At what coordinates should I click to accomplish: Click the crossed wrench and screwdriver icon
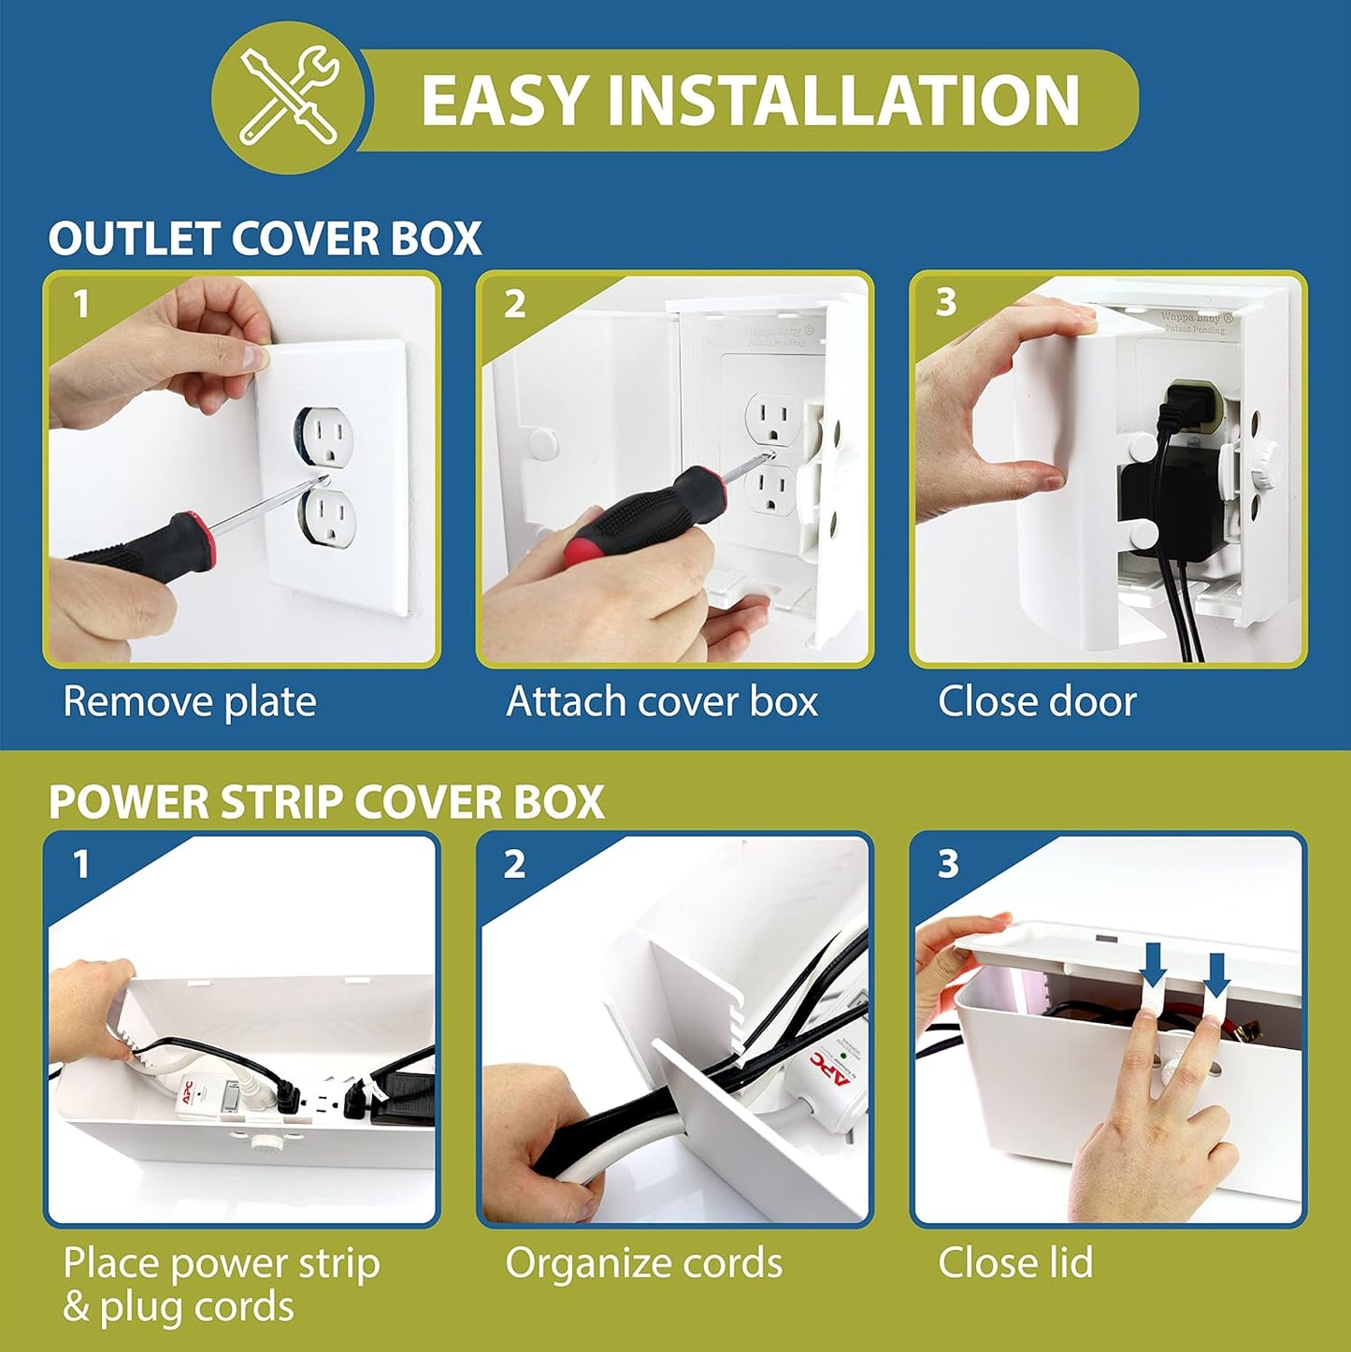pos(288,97)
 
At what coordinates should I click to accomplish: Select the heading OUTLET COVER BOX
pos(265,238)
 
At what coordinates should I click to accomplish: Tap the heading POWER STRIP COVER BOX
pos(326,802)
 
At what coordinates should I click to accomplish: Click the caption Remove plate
pos(190,701)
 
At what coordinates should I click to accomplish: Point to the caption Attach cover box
pos(662,701)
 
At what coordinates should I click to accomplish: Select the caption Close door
pos(1037,701)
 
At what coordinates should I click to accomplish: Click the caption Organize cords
pos(644,1262)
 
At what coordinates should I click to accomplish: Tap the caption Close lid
pos(1015,1262)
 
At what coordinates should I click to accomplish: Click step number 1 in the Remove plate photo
pos(81,304)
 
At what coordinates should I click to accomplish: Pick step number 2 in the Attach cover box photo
pos(514,304)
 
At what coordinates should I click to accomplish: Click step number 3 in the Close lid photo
pos(948,864)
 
